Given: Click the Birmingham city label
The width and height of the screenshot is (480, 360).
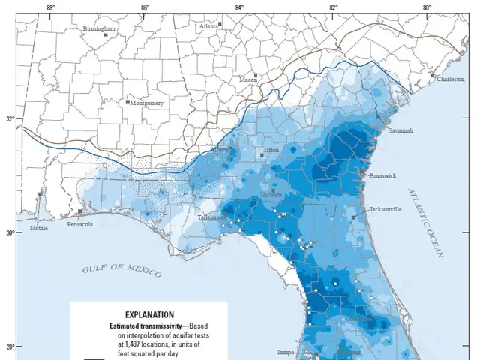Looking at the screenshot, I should (100, 28).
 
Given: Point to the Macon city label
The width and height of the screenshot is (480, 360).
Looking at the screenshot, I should (248, 79).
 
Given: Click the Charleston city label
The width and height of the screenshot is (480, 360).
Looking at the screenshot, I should (451, 79).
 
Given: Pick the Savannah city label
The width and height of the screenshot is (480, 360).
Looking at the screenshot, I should (400, 130).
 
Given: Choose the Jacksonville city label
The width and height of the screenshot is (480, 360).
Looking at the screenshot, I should (385, 210).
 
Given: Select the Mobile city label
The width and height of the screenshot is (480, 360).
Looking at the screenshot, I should (38, 227).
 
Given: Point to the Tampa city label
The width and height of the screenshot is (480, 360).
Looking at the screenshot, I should (285, 352).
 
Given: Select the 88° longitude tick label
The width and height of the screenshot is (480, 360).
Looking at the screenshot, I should (50, 7).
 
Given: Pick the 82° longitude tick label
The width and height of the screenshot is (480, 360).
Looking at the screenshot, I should (333, 7).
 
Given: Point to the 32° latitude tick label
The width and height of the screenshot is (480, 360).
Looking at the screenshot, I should (10, 119).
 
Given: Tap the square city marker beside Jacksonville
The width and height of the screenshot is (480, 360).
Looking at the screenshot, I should (353, 217).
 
